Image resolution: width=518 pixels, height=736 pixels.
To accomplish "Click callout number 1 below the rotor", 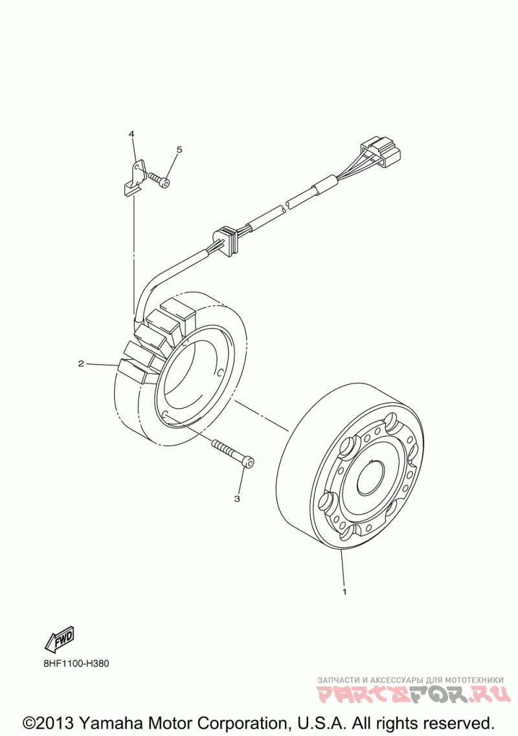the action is tap(344, 591).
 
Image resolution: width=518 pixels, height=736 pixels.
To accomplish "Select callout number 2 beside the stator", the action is tap(81, 363).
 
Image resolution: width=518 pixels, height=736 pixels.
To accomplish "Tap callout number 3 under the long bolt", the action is tap(237, 499).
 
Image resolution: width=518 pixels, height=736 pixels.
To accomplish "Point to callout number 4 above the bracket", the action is tap(131, 134).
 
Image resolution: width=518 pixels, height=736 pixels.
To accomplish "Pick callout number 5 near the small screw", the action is tap(179, 149).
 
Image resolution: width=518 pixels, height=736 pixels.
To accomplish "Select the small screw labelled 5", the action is tap(159, 180).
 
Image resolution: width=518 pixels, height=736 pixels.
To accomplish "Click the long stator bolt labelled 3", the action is tap(232, 452).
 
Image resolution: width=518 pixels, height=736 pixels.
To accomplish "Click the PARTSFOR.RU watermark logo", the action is tap(410, 696).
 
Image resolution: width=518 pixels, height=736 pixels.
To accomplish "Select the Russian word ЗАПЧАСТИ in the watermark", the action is tap(338, 680).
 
